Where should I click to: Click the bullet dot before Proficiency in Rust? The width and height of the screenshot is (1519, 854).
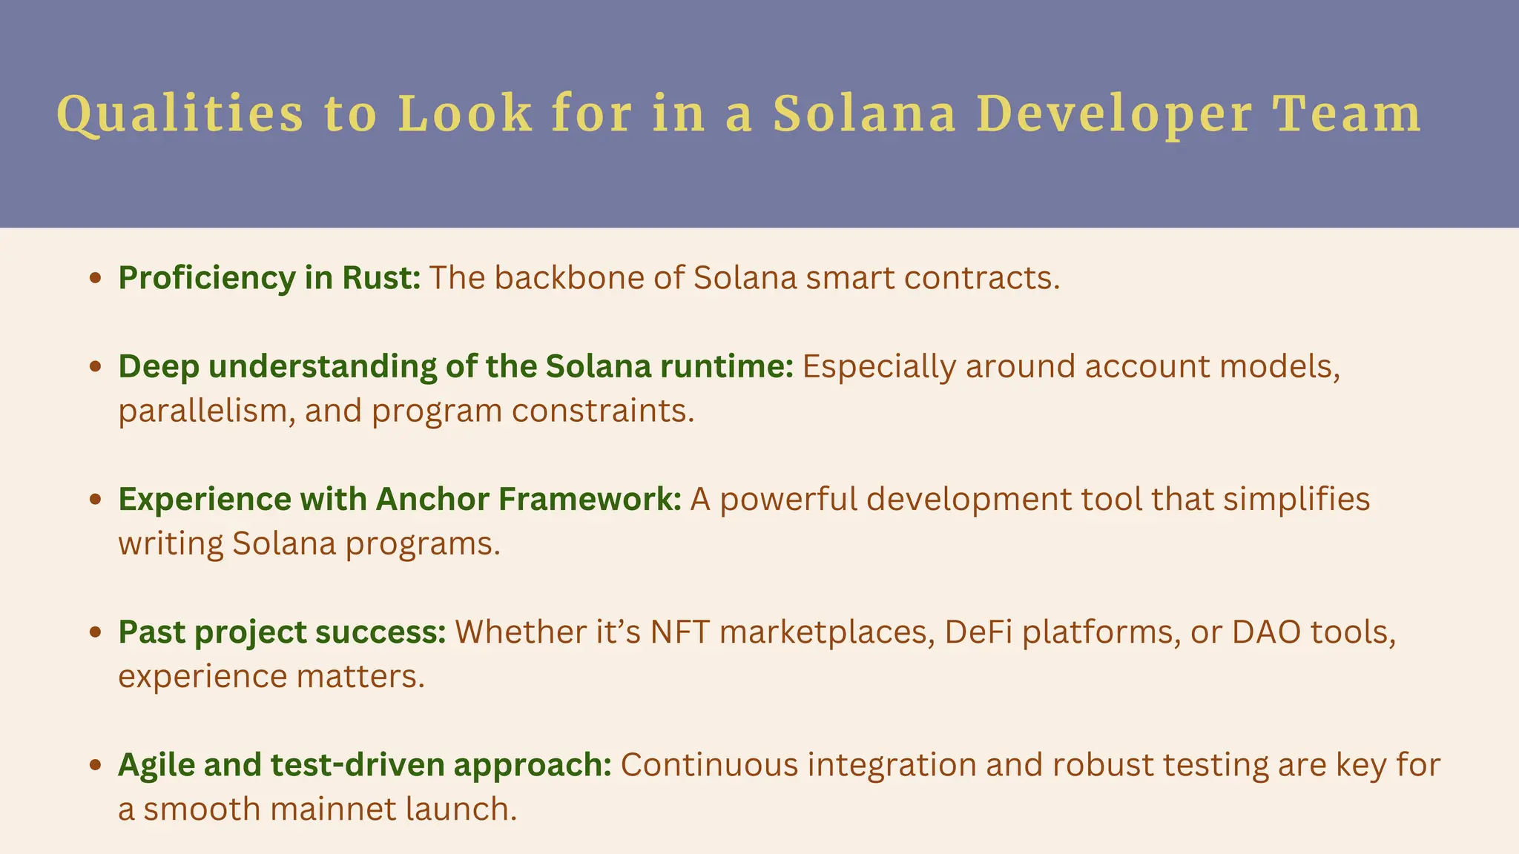[94, 279]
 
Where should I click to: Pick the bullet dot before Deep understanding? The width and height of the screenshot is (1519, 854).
[94, 367]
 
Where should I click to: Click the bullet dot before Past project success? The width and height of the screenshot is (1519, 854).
[94, 632]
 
